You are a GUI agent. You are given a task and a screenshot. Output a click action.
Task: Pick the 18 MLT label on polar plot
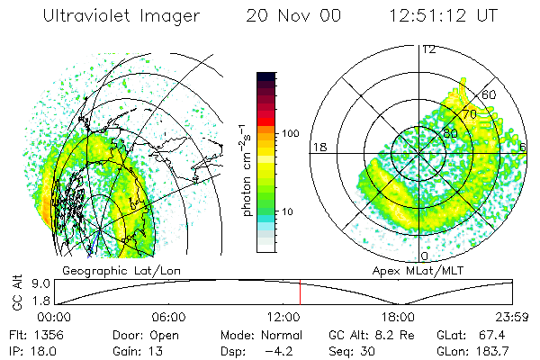click(x=319, y=147)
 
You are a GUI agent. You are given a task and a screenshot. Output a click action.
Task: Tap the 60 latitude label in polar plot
click(x=490, y=94)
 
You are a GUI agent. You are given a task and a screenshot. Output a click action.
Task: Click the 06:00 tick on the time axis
click(x=169, y=317)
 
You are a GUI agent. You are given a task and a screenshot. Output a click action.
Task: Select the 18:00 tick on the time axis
click(x=398, y=317)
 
